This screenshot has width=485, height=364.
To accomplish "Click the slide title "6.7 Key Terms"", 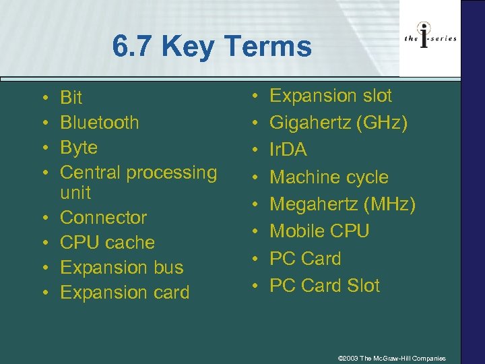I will click(x=212, y=47).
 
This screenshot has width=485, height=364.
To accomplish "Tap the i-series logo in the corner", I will click(x=430, y=38).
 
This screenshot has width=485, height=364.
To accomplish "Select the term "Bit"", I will click(x=71, y=98).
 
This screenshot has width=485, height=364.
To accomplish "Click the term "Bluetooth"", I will click(x=100, y=123).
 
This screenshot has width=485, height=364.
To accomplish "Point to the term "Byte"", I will click(x=79, y=148).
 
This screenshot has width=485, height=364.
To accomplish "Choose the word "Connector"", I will click(x=103, y=218).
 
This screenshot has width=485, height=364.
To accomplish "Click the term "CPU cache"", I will click(x=107, y=243).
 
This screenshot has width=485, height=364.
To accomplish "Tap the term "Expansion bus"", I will click(x=121, y=268).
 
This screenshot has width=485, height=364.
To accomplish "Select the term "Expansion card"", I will click(x=125, y=293).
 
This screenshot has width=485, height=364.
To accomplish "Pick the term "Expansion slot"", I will click(x=330, y=96).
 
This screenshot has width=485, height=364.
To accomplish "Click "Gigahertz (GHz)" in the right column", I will click(x=337, y=123).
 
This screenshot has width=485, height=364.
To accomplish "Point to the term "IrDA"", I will click(x=288, y=150).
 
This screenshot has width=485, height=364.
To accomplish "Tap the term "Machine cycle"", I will click(x=329, y=177).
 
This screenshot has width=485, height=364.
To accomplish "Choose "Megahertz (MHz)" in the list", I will click(x=342, y=204).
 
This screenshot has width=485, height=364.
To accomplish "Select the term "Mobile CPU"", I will click(x=319, y=231).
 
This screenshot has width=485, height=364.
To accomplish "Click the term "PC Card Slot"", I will click(x=325, y=286).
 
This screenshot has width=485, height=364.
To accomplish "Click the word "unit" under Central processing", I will click(x=75, y=193).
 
